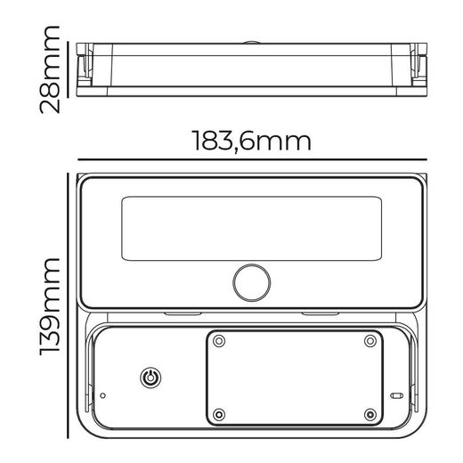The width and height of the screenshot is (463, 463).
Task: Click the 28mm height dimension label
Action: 50,69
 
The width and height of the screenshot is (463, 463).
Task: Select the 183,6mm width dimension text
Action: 252,141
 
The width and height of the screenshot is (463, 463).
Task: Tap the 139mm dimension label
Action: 50,307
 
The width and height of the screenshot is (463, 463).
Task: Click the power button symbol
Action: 150,378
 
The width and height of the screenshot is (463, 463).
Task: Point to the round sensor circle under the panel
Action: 252,282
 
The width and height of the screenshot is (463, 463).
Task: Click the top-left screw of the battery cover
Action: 219,341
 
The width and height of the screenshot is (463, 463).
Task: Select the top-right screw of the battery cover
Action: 370,341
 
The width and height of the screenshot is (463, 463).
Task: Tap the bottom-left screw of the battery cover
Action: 219,414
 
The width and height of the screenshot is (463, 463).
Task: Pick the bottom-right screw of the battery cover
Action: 370,414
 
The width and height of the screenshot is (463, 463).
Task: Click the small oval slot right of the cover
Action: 396,395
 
